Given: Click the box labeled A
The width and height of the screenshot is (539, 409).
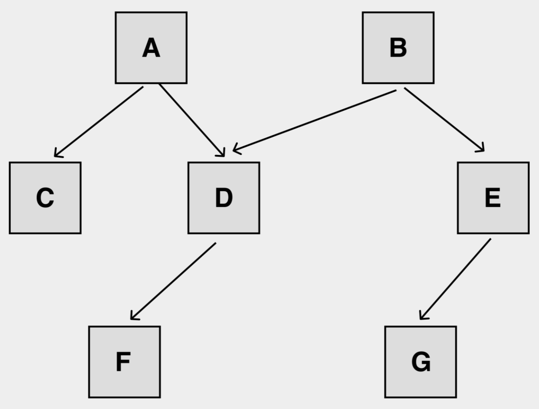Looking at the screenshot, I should pyautogui.click(x=151, y=48).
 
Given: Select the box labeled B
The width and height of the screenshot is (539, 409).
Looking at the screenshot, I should pyautogui.click(x=398, y=48).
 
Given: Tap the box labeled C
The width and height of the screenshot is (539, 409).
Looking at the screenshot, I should pyautogui.click(x=45, y=198).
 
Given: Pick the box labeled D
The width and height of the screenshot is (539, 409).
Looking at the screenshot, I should pyautogui.click(x=224, y=198).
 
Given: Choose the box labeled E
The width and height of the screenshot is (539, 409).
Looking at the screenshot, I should pyautogui.click(x=493, y=198).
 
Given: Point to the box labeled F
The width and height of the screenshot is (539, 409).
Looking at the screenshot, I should pyautogui.click(x=125, y=362).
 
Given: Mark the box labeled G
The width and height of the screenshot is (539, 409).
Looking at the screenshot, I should pyautogui.click(x=420, y=362).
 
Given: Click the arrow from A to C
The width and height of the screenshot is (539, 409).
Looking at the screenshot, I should pyautogui.click(x=99, y=122).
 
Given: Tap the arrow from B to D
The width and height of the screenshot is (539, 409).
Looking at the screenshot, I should pyautogui.click(x=315, y=120).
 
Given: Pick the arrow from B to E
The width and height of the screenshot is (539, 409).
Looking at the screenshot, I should pyautogui.click(x=444, y=120).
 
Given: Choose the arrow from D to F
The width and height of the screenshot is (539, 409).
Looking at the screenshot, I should pyautogui.click(x=173, y=281).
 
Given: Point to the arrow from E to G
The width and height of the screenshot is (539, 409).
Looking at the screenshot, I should pyautogui.click(x=455, y=279).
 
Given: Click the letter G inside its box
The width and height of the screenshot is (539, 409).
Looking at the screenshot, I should pyautogui.click(x=421, y=362).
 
